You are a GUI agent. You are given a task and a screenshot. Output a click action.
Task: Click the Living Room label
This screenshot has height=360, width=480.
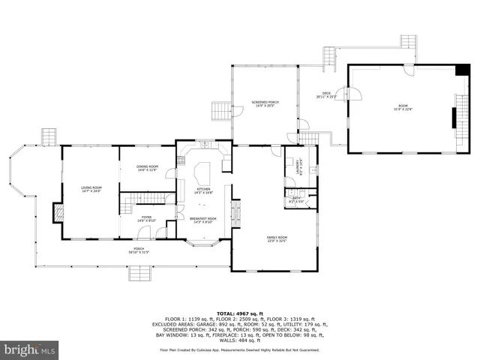point(91,189)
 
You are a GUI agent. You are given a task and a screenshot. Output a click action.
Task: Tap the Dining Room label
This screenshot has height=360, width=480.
point(147,169)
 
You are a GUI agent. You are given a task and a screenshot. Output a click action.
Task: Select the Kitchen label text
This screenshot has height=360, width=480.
point(203,190)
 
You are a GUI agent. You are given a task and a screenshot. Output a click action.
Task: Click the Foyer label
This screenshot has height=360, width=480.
point(146,219)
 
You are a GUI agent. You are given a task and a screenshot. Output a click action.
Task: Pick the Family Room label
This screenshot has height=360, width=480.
point(277,239)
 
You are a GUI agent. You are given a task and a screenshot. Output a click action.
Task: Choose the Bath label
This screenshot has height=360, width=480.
point(295,200)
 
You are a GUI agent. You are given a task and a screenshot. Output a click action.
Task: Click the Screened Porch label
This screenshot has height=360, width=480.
point(265,103)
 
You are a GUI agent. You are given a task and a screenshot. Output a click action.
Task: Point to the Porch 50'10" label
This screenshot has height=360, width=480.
point(139,250)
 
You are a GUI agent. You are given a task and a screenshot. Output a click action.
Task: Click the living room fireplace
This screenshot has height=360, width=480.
point(58,214)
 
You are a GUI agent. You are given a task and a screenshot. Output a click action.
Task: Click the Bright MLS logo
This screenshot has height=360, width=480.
point(30,349)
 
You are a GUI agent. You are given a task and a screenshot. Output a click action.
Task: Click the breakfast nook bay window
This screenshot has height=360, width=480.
point(202,242)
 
